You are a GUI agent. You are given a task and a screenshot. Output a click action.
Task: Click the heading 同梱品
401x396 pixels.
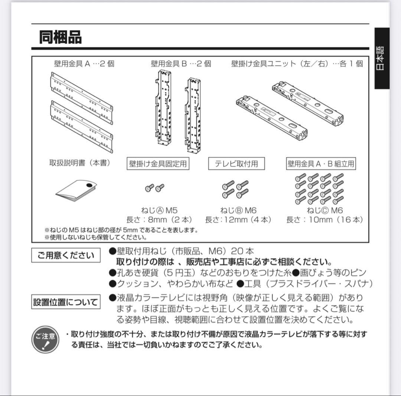(x=60, y=38)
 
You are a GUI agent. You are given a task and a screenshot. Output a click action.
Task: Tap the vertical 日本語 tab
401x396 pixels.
(x=381, y=58)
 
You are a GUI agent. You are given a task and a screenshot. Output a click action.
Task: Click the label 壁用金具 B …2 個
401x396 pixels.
(x=181, y=64)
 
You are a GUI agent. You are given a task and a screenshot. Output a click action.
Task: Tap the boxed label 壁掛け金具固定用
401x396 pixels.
(x=158, y=163)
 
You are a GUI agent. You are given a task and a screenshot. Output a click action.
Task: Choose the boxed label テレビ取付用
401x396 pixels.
(x=236, y=163)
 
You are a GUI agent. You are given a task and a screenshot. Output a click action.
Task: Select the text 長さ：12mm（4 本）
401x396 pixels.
(x=238, y=220)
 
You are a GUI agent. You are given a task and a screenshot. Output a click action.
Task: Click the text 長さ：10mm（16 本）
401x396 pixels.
(x=325, y=220)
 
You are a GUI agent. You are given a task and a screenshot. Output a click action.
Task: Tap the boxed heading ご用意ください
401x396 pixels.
(x=66, y=255)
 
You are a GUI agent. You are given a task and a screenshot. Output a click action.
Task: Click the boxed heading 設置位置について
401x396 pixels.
(x=66, y=302)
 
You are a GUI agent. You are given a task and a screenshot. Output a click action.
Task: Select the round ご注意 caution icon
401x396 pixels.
(x=46, y=339)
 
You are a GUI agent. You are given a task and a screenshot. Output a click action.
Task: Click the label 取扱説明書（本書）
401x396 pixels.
(x=80, y=163)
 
